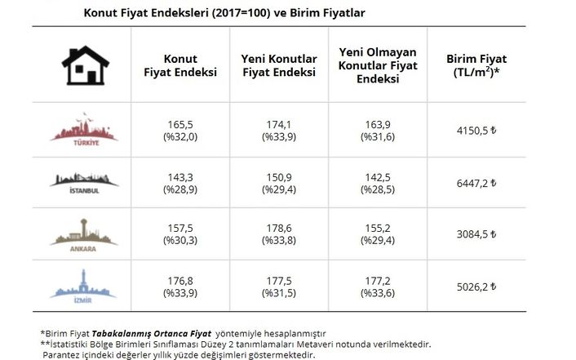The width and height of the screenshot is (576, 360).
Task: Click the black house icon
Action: pyautogui.click(x=86, y=65)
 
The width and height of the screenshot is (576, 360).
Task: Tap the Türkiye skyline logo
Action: pyautogui.click(x=84, y=130)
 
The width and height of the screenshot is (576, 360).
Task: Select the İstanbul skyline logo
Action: pyautogui.click(x=84, y=183)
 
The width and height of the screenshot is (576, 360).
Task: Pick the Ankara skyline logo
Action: pyautogui.click(x=84, y=235)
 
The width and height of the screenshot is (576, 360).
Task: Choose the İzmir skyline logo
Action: pyautogui.click(x=83, y=286)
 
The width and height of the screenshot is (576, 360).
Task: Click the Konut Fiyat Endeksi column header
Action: pyautogui.click(x=180, y=65)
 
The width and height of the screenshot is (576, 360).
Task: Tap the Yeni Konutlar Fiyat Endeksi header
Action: pyautogui.click(x=279, y=65)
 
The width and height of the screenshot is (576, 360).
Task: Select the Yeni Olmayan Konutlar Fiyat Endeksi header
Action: pyautogui.click(x=378, y=65)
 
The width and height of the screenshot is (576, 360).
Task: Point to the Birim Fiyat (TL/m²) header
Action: pyautogui.click(x=476, y=65)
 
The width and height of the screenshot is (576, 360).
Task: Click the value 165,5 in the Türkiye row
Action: pyautogui.click(x=180, y=125)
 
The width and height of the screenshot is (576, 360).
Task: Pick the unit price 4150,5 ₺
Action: pyautogui.click(x=476, y=131)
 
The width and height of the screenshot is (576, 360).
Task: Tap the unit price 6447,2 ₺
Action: pyautogui.click(x=476, y=183)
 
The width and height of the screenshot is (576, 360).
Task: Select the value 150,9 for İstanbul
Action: pyautogui.click(x=279, y=178)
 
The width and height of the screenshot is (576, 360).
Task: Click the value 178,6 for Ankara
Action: pyautogui.click(x=279, y=229)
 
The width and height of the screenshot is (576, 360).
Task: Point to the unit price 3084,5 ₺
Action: pyautogui.click(x=476, y=234)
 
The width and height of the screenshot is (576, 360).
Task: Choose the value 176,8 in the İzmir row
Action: pyautogui.click(x=180, y=282)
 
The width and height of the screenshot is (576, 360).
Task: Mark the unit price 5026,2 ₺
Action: pyautogui.click(x=476, y=287)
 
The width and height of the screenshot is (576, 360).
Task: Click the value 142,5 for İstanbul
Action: pyautogui.click(x=378, y=178)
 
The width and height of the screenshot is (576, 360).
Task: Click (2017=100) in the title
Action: pyautogui.click(x=241, y=13)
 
